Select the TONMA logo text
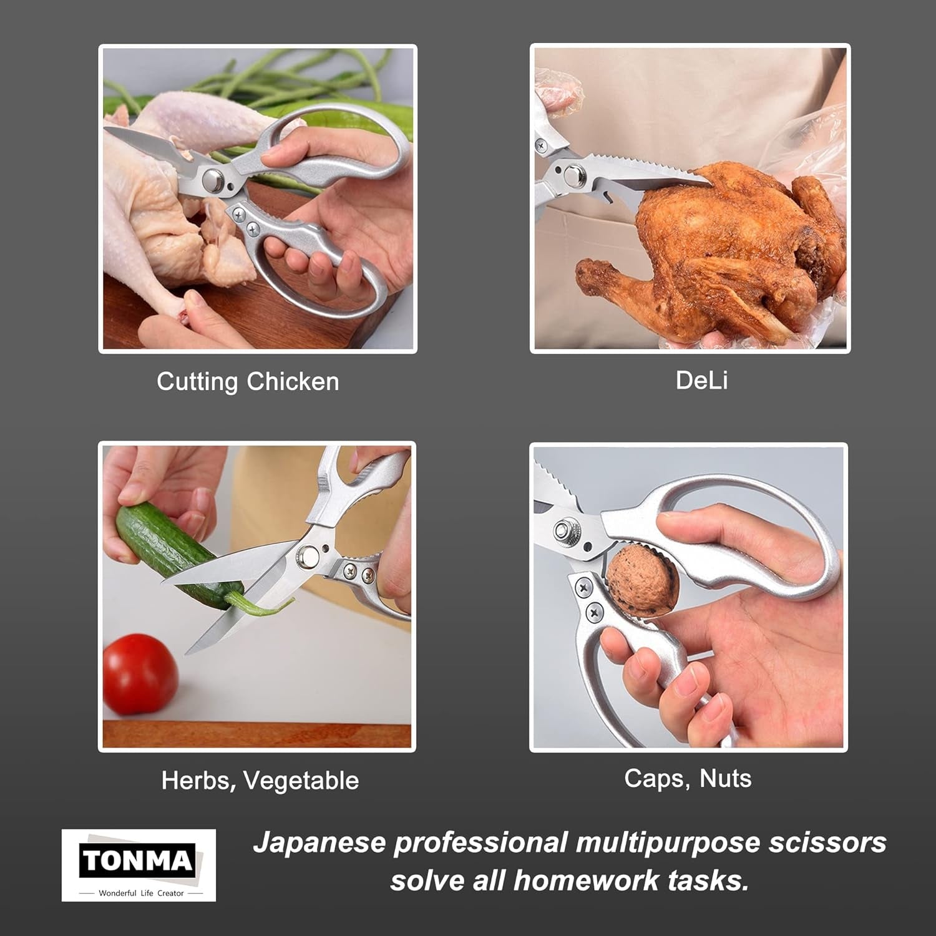[137, 860]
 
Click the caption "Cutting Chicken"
[248, 381]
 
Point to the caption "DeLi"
[701, 380]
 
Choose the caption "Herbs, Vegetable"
[260, 781]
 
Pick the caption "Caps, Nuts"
[688, 778]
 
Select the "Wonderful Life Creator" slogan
[141, 893]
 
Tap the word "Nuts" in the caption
[725, 778]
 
